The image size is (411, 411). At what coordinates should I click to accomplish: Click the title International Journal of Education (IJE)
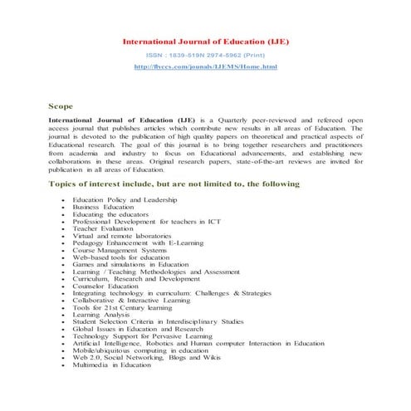tap(205, 40)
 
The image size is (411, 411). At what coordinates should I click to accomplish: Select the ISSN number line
tap(205, 53)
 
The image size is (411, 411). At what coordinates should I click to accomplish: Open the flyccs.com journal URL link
tap(205, 65)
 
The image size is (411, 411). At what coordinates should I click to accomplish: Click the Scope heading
tap(61, 106)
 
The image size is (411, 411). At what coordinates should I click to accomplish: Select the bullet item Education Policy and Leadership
tap(124, 201)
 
